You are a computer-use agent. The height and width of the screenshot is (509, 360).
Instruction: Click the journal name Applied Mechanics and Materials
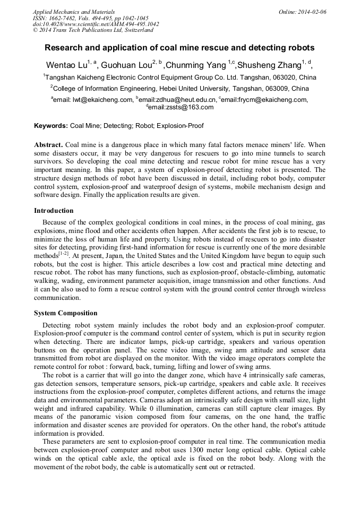73,12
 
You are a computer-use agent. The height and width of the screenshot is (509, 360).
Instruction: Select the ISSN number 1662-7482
68,18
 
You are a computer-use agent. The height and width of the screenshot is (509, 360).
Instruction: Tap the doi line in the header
96,24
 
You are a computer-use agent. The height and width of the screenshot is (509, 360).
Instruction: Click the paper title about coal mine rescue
179,48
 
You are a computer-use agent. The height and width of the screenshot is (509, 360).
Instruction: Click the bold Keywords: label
51,126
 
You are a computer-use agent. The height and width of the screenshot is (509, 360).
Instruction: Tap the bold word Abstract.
48,145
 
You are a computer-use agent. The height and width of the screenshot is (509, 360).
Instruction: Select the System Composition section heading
65,313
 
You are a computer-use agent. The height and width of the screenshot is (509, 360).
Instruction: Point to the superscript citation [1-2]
63,254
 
